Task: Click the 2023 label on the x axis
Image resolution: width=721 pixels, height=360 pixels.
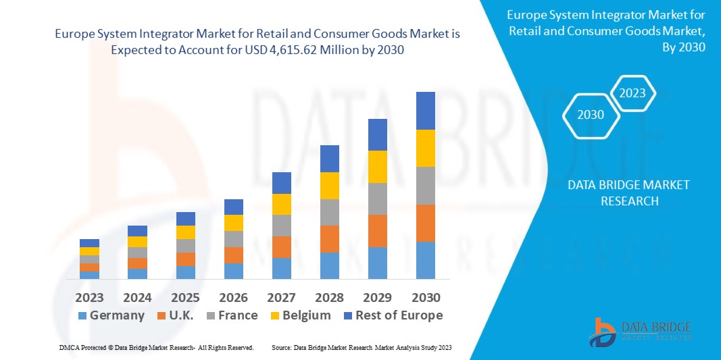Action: [x=89, y=297]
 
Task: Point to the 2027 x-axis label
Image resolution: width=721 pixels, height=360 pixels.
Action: [x=281, y=297]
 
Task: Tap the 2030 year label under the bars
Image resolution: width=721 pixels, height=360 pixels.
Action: [x=425, y=297]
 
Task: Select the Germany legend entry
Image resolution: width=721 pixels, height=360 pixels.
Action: [x=111, y=315]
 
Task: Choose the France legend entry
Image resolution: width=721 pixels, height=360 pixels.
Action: [x=231, y=315]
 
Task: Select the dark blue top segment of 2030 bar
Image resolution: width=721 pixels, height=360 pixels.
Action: [x=425, y=110]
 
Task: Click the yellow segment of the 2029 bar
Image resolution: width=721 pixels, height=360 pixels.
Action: [x=377, y=166]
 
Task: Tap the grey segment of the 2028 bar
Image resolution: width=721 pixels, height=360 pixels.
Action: [x=329, y=212]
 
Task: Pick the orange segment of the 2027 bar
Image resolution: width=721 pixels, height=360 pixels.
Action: [x=281, y=247]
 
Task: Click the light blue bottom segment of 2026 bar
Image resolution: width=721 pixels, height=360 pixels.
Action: [x=233, y=271]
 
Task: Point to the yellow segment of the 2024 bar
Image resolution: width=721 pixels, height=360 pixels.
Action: [x=137, y=241]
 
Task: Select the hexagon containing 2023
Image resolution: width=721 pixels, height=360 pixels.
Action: [x=632, y=93]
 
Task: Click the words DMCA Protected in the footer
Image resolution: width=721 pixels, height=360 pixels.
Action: [x=80, y=347]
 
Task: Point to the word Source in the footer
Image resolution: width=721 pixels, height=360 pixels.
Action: [x=281, y=347]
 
